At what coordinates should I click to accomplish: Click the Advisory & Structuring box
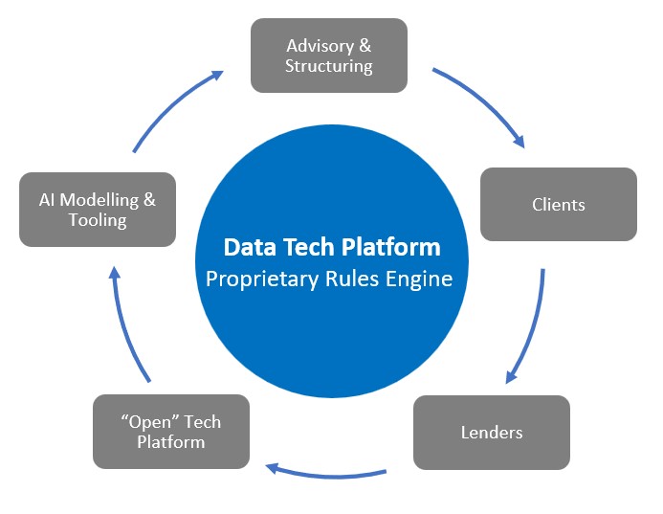click(x=328, y=56)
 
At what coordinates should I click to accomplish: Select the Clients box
click(x=558, y=204)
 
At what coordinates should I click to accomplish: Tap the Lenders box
click(x=492, y=432)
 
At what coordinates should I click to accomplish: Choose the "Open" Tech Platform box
click(x=171, y=432)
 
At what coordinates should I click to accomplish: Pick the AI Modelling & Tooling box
click(x=98, y=210)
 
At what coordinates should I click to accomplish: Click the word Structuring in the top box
click(x=329, y=67)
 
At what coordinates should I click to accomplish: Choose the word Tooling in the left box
click(x=98, y=221)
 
